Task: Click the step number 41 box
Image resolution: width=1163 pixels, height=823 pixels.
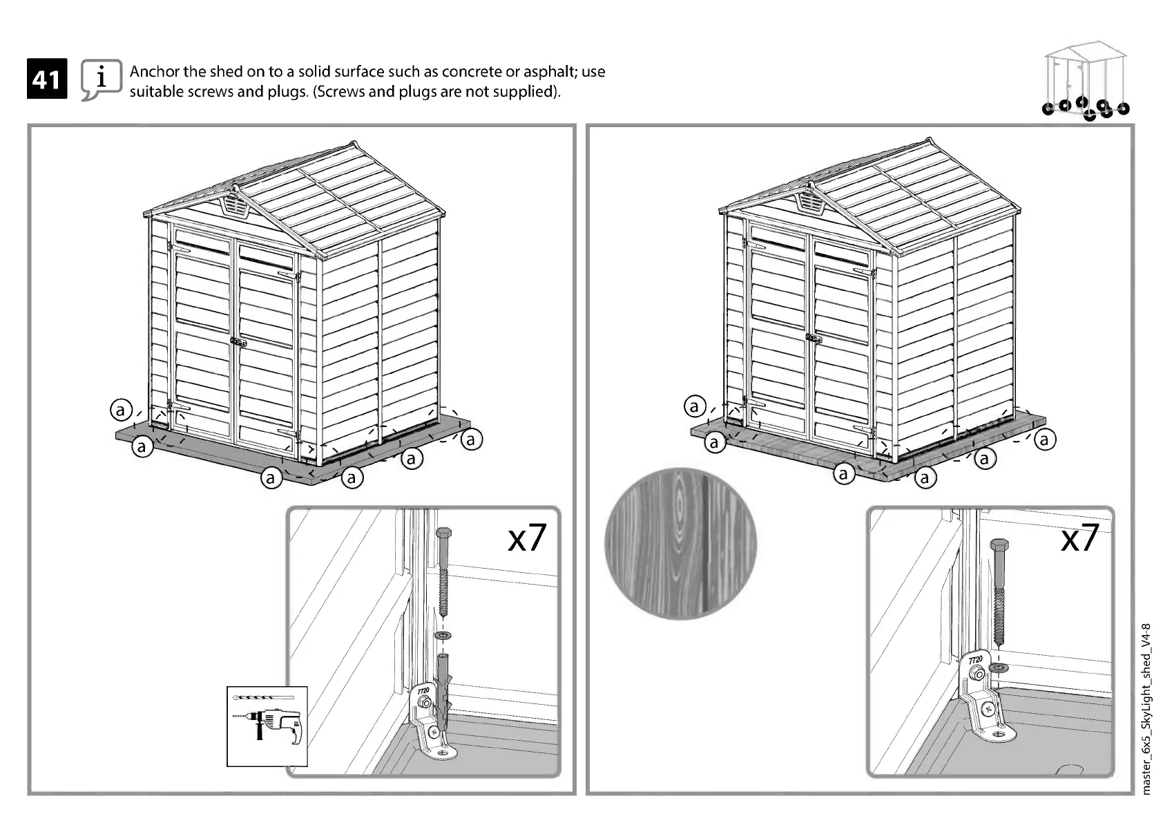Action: tap(47, 79)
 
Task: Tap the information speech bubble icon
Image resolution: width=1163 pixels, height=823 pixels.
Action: tap(101, 79)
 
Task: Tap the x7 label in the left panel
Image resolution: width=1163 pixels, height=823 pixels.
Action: tap(526, 538)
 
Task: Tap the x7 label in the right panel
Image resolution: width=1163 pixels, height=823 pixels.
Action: tap(1079, 538)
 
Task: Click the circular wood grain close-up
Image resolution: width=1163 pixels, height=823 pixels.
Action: tap(680, 544)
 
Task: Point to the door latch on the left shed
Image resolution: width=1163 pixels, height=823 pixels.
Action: tap(238, 342)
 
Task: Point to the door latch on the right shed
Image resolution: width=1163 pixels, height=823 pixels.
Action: tap(814, 339)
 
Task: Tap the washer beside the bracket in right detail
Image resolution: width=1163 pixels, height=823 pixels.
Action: tap(998, 668)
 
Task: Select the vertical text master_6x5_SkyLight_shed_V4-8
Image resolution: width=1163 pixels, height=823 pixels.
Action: tap(1147, 708)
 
